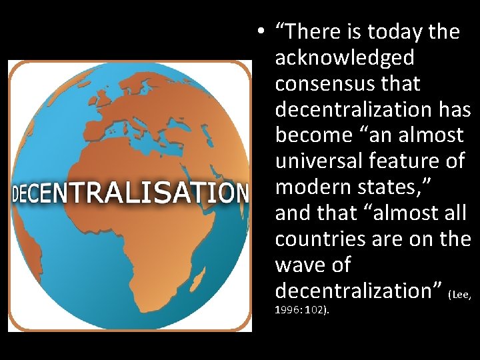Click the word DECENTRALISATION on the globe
(130, 193)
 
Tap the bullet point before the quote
(265, 33)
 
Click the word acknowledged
(345, 59)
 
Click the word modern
(313, 187)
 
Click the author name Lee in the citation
(462, 293)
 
